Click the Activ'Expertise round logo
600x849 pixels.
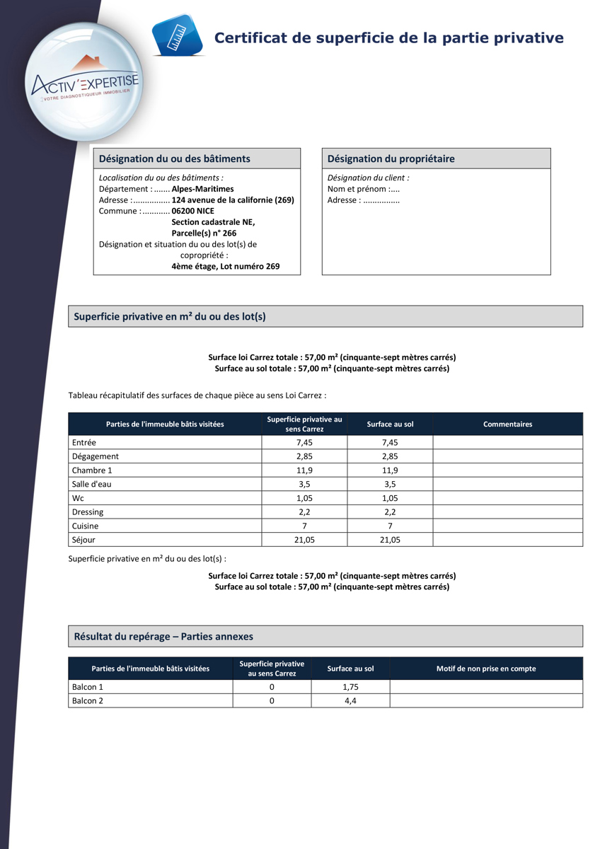(83, 81)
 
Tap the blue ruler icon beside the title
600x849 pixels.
(177, 35)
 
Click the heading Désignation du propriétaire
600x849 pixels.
(391, 159)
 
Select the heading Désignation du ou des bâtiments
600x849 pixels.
(174, 159)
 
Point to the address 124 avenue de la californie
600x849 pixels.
(233, 200)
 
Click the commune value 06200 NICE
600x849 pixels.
(192, 211)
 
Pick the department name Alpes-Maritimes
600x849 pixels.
(202, 189)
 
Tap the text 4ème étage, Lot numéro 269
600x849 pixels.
(225, 267)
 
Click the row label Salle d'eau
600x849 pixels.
(92, 485)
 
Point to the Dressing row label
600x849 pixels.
(88, 512)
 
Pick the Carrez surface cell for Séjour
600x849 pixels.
(304, 540)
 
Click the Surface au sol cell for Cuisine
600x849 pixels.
(390, 526)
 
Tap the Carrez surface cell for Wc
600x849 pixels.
(304, 498)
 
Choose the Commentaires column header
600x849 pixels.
(507, 424)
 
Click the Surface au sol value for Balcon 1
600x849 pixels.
(350, 687)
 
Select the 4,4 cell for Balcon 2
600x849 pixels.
(350, 701)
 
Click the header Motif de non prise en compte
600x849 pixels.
(485, 669)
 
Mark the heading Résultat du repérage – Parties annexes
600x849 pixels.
(163, 637)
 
